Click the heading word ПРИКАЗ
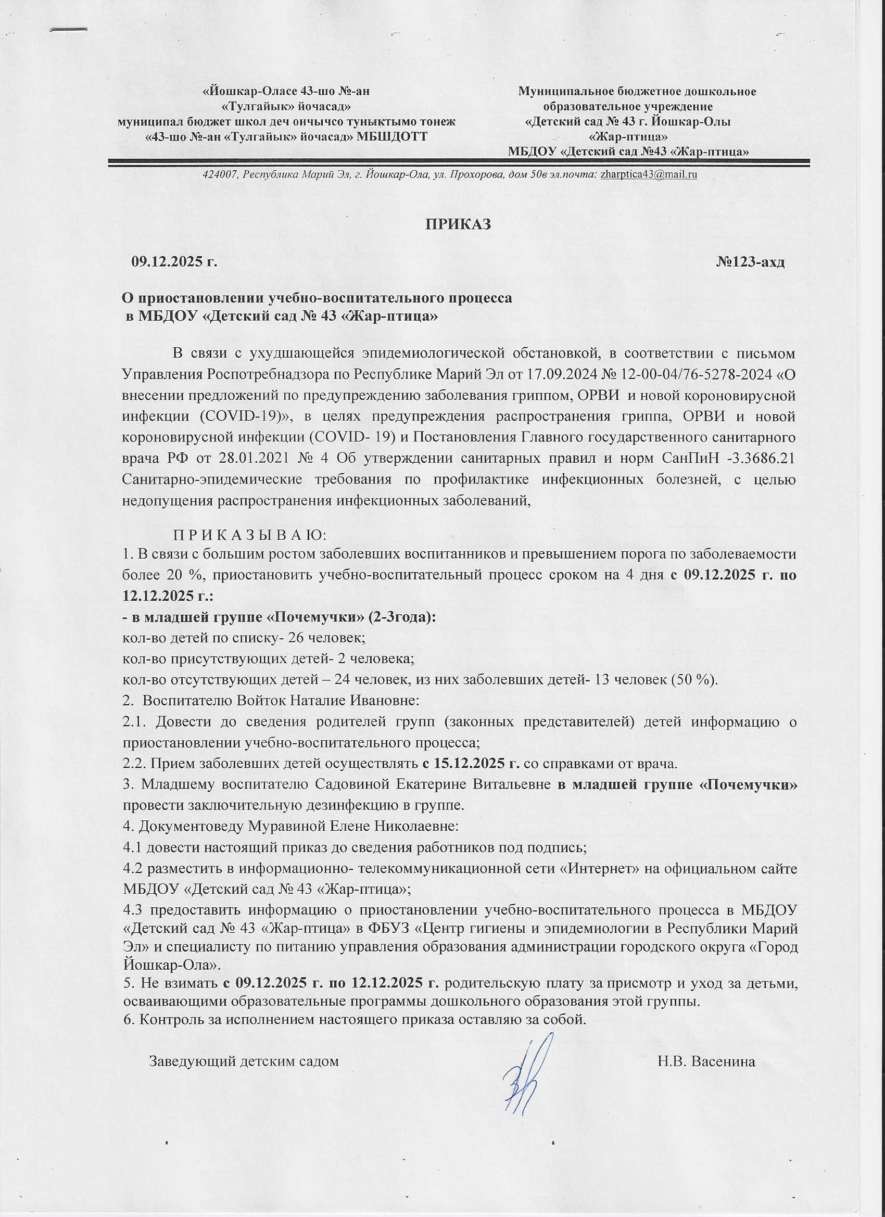point(458,224)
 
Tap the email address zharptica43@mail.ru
point(649,174)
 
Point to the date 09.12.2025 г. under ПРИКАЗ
point(175,262)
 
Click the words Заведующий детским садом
point(244,1046)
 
